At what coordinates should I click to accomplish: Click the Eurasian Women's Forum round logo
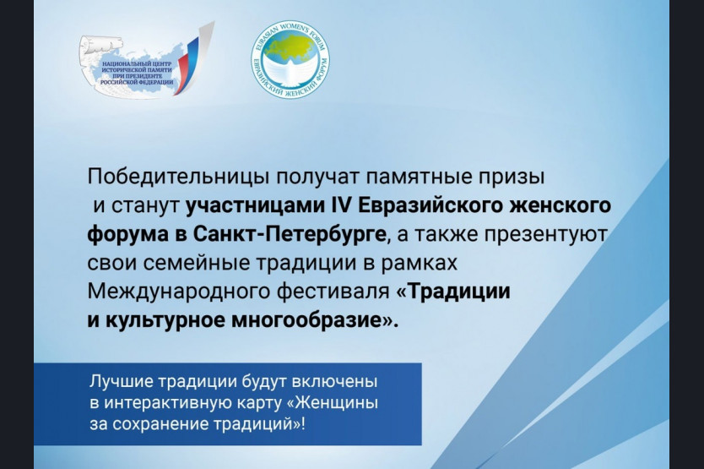click(x=290, y=59)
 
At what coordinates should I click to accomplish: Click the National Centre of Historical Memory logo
click(x=146, y=60)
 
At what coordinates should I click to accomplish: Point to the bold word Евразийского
click(x=430, y=206)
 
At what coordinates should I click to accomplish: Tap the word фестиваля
click(x=333, y=292)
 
